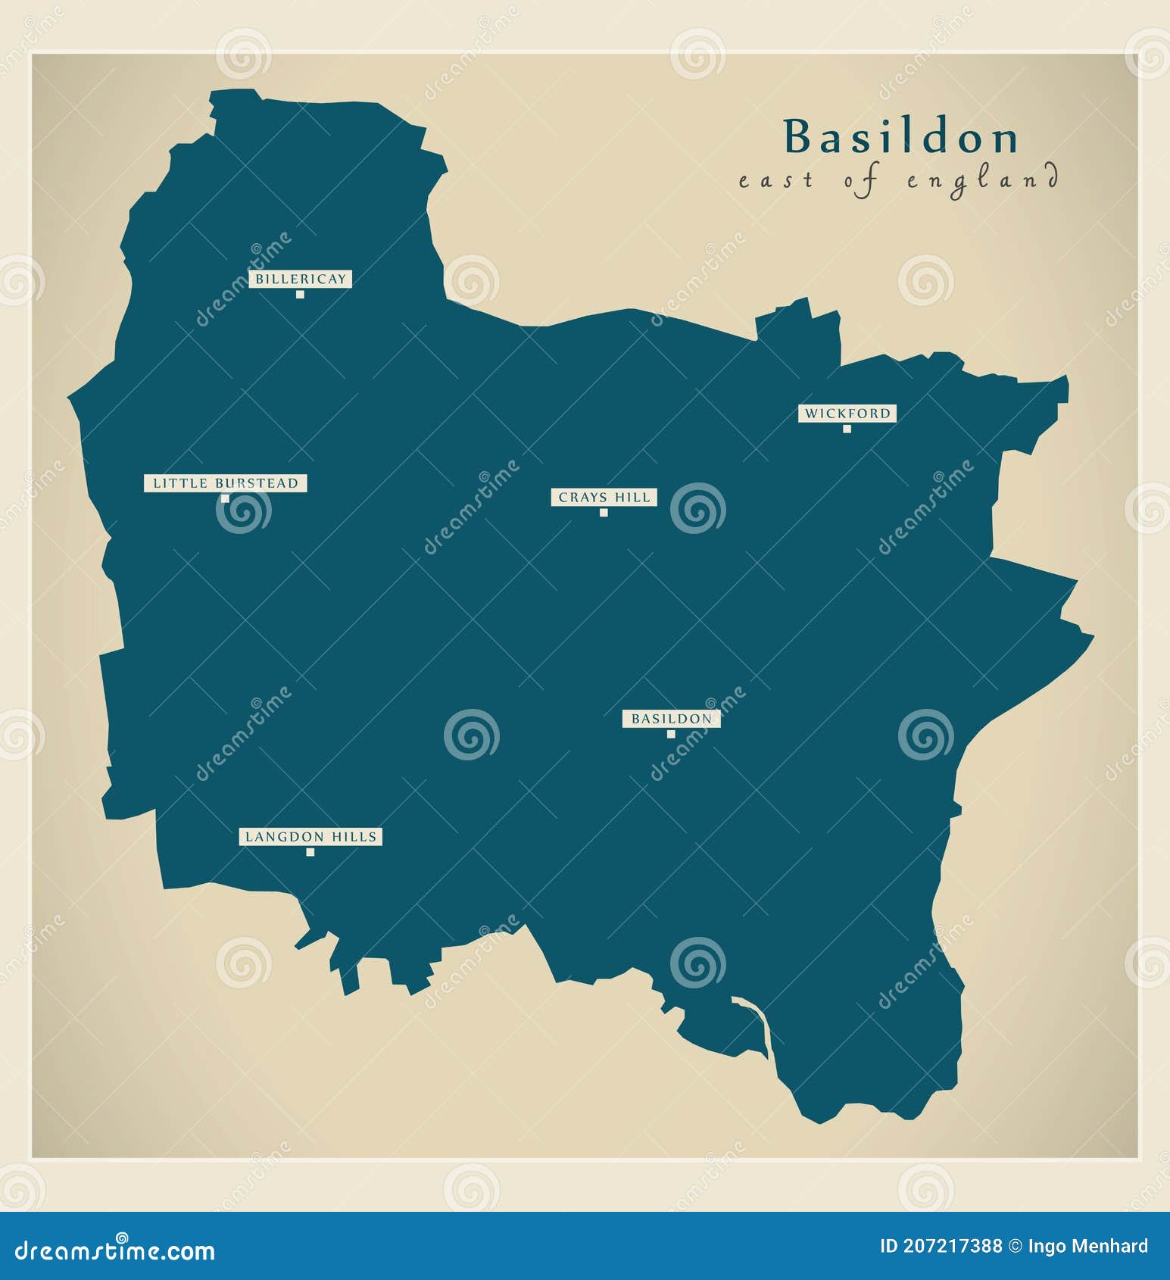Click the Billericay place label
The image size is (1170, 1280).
point(300,279)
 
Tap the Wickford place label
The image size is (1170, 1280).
point(847,414)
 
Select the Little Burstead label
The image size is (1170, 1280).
point(226,483)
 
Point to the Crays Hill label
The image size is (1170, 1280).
point(604,498)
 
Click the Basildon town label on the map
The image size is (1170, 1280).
point(671,719)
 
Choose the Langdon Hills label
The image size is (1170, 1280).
point(310,837)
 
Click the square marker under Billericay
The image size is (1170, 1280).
point(300,295)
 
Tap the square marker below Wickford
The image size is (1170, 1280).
point(847,429)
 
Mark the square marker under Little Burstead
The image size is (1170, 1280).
point(225,498)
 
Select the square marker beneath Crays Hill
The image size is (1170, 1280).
point(604,513)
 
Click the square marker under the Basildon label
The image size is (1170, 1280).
point(671,734)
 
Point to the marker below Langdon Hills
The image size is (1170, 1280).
point(310,852)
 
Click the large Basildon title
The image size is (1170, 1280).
point(901,137)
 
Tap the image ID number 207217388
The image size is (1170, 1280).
point(952,1246)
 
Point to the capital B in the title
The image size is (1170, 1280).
point(798,137)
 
